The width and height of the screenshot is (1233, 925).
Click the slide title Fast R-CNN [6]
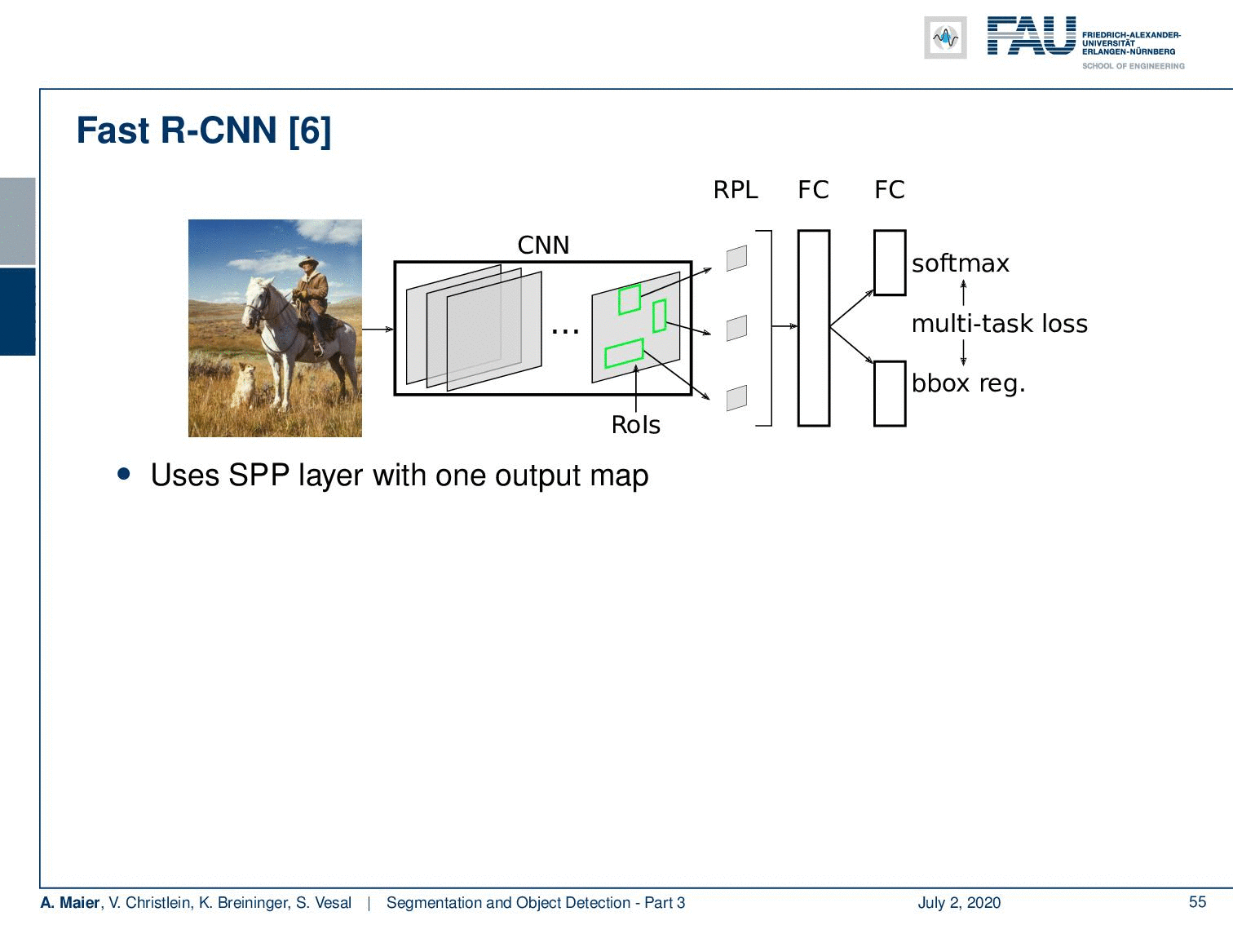pos(203,131)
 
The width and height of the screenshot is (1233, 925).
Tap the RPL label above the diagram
pos(736,190)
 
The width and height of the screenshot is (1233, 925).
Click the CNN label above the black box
pos(543,246)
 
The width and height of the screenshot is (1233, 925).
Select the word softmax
pos(960,263)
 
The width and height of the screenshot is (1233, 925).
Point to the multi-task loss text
pos(999,324)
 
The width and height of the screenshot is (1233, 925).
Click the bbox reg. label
pos(969,384)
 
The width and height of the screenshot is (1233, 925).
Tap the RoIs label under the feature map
pos(635,425)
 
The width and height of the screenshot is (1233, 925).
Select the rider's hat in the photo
pos(308,262)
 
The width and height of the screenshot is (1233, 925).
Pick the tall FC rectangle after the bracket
pos(814,328)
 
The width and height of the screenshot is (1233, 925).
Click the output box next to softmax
pos(890,263)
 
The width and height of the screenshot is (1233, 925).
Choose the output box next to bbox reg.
pos(890,394)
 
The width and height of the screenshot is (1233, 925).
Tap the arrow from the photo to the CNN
pos(378,329)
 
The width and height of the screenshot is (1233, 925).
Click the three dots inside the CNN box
pos(565,332)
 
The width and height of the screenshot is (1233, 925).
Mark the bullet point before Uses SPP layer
pos(124,474)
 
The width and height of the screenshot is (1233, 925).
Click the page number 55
pos(1197,902)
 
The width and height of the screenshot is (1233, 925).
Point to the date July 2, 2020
pos(959,902)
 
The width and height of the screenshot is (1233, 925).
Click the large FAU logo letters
pos(1032,36)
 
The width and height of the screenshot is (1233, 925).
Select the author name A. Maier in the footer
pos(69,902)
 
